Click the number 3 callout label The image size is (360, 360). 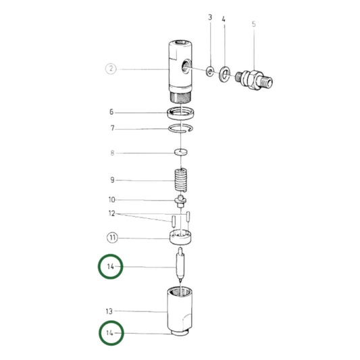click(x=210, y=16)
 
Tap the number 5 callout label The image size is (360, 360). click(x=253, y=24)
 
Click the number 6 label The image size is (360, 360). click(x=111, y=112)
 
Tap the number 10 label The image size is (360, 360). click(x=111, y=199)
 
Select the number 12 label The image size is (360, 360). click(x=111, y=214)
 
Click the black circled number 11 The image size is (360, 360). click(x=111, y=237)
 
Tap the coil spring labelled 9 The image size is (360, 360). click(x=180, y=180)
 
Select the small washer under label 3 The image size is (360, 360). click(x=211, y=70)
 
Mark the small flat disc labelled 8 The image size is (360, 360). click(x=180, y=152)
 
